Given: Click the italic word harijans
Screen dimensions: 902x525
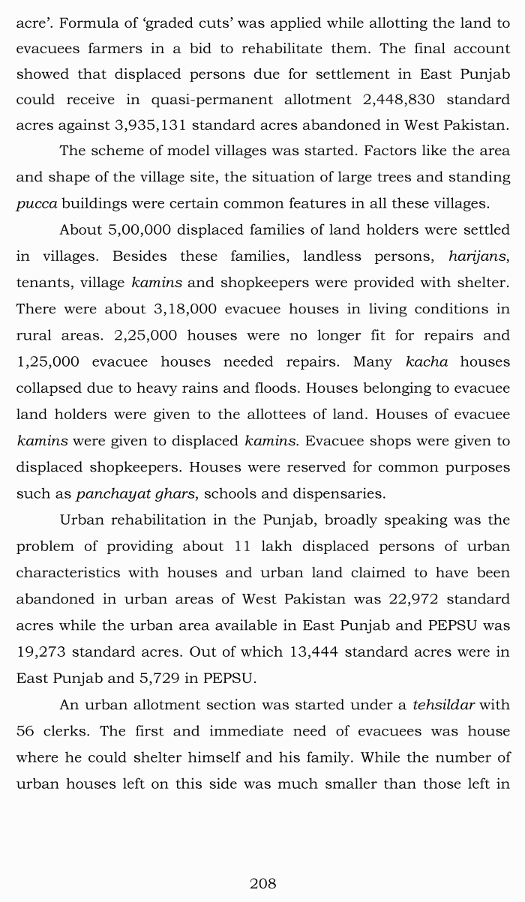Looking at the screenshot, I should [x=478, y=256].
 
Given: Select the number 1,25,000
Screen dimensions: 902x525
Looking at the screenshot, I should [x=48, y=361].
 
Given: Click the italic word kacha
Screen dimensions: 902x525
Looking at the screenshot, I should [x=426, y=361].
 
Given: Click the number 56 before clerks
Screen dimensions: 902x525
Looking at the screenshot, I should [x=26, y=731].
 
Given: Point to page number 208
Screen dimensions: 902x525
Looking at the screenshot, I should [x=262, y=883].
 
